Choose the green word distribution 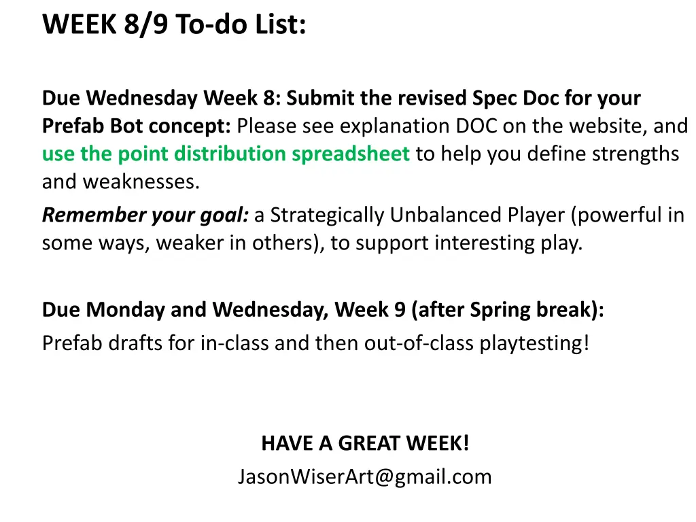(x=230, y=154)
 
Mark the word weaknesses (x=141, y=182)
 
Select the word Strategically (x=329, y=215)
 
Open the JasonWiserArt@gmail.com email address (x=364, y=477)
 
